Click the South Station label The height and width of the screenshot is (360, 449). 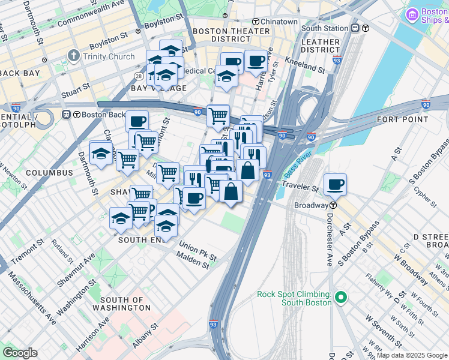pyautogui.click(x=324, y=28)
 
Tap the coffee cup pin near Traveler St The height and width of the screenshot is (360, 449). pyautogui.click(x=336, y=184)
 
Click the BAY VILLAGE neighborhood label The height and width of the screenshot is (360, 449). pyautogui.click(x=151, y=88)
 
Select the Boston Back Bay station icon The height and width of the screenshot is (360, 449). pyautogui.click(x=76, y=115)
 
